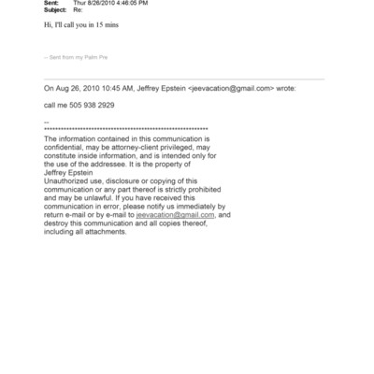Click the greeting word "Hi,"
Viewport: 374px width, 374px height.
pos(50,27)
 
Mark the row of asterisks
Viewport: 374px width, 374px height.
pos(126,128)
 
